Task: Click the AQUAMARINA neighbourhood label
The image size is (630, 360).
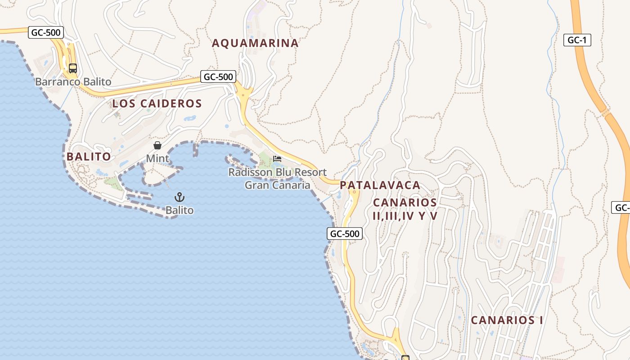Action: click(x=255, y=43)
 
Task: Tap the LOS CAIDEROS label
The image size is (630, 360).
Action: click(x=157, y=103)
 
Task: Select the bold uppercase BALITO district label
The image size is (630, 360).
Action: click(x=89, y=157)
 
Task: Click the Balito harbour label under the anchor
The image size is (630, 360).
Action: click(x=180, y=210)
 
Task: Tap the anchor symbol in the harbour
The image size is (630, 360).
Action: click(x=180, y=197)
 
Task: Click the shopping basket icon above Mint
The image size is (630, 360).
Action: click(x=157, y=145)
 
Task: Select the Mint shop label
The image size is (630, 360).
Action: click(x=157, y=158)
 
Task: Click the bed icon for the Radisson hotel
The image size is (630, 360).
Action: click(x=277, y=159)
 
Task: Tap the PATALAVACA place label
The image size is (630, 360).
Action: click(x=380, y=185)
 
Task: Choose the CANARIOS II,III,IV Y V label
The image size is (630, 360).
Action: click(x=405, y=209)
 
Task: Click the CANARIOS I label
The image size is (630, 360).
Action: click(x=507, y=320)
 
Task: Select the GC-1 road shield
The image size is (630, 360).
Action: click(x=577, y=40)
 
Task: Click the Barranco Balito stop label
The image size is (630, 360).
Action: click(x=73, y=82)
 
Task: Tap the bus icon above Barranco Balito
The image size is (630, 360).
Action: click(x=73, y=68)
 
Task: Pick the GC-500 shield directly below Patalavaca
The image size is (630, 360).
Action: click(x=344, y=234)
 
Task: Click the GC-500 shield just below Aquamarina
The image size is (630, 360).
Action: click(x=218, y=76)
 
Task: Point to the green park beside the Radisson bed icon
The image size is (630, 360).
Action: click(x=265, y=158)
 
